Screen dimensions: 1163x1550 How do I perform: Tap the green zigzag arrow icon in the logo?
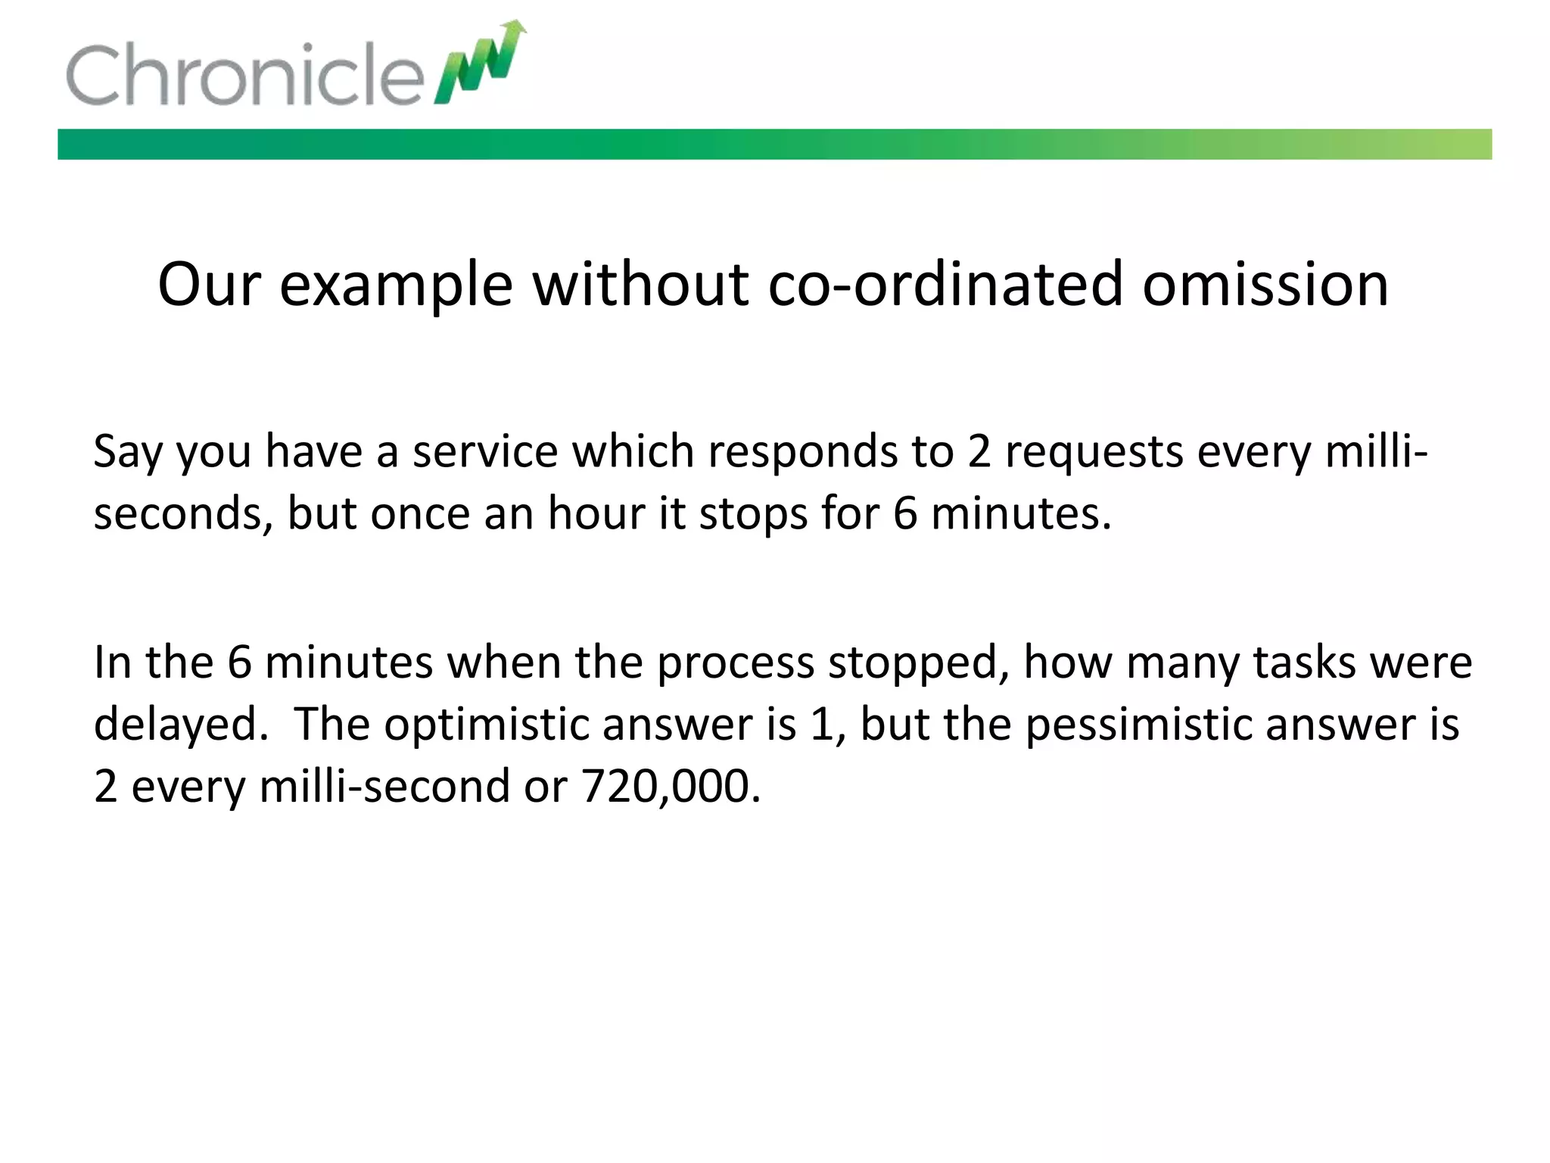[x=480, y=64]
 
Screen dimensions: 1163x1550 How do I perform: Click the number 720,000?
[x=671, y=786]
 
